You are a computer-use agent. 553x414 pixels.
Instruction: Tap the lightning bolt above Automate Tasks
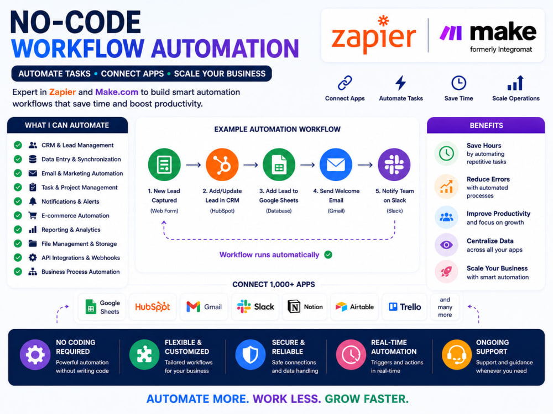[x=400, y=83]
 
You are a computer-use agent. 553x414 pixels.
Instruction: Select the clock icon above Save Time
[x=458, y=83]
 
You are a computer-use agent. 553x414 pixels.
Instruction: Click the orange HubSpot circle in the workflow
[x=222, y=164]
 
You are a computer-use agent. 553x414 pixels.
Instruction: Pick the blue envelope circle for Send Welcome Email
[x=336, y=164]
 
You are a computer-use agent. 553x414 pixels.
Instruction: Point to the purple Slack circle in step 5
[x=394, y=164]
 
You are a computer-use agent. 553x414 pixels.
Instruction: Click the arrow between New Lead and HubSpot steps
[x=193, y=164]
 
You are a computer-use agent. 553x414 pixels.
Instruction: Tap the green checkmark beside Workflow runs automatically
[x=328, y=254]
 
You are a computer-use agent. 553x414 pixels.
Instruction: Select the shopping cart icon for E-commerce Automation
[x=33, y=215]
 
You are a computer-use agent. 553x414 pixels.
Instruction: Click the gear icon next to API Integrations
[x=33, y=258]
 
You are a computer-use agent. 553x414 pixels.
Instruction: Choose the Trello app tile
[x=405, y=307]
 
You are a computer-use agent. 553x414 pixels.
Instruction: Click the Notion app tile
[x=305, y=307]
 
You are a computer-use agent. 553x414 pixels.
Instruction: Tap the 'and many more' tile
[x=445, y=307]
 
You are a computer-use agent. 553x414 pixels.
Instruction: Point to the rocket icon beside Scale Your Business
[x=446, y=272]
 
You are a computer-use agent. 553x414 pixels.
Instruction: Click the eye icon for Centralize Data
[x=446, y=245]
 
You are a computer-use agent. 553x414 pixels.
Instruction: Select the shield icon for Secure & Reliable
[x=251, y=355]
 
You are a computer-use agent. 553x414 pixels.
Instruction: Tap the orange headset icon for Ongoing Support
[x=457, y=355]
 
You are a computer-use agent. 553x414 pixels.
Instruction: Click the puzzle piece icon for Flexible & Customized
[x=144, y=355]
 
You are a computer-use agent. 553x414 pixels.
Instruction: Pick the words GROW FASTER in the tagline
[x=367, y=399]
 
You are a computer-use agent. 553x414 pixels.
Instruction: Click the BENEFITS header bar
[x=486, y=125]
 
